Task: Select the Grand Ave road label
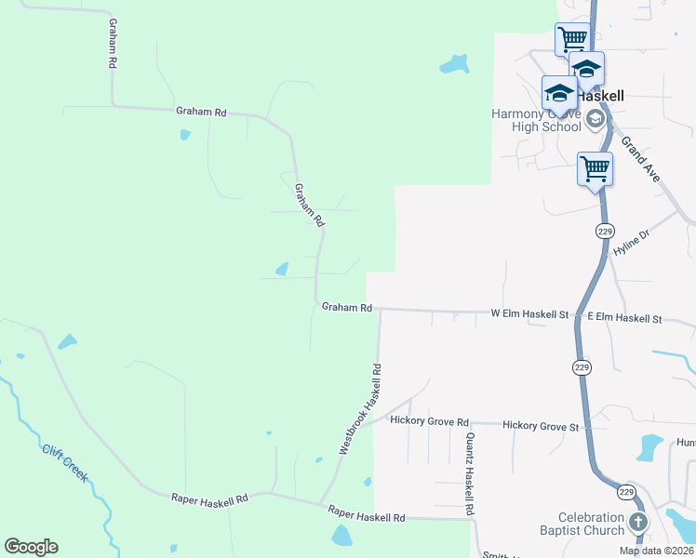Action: pyautogui.click(x=641, y=159)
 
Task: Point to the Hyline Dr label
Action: pyautogui.click(x=630, y=247)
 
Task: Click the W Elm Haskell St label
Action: pyautogui.click(x=529, y=315)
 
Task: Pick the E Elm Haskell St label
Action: pyautogui.click(x=624, y=318)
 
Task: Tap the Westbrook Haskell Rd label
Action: pyautogui.click(x=362, y=408)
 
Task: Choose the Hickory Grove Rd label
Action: pyautogui.click(x=430, y=421)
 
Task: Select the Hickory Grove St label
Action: pyautogui.click(x=541, y=426)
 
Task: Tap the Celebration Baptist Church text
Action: pyautogui.click(x=591, y=524)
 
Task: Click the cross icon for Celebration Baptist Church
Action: pyautogui.click(x=638, y=522)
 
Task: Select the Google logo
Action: pyautogui.click(x=31, y=547)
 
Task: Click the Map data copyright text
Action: pyautogui.click(x=656, y=551)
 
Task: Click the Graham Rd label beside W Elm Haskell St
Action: pyautogui.click(x=347, y=307)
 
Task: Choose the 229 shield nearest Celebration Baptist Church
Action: pyautogui.click(x=626, y=492)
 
